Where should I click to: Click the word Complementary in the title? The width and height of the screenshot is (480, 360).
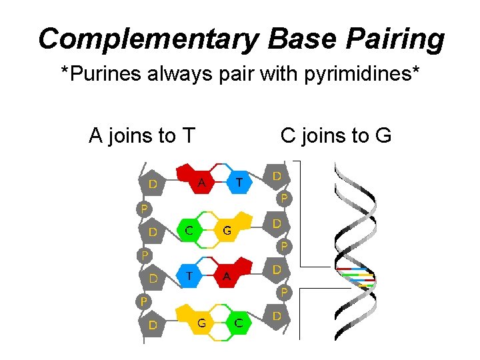146,39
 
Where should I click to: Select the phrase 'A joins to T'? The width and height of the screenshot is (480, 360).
141,136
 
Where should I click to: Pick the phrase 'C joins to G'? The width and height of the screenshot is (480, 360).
335,136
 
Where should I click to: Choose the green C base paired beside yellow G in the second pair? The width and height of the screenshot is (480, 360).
190,231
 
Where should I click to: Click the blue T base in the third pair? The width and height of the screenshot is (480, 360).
190,274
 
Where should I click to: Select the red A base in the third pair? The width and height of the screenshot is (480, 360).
229,275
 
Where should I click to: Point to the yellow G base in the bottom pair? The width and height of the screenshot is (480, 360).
199,323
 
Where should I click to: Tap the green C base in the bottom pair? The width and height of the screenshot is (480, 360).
238,323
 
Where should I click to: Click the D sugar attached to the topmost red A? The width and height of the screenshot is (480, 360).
153,182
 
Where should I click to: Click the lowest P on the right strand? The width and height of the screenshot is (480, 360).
284,291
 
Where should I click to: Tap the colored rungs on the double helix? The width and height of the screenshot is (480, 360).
355,277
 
